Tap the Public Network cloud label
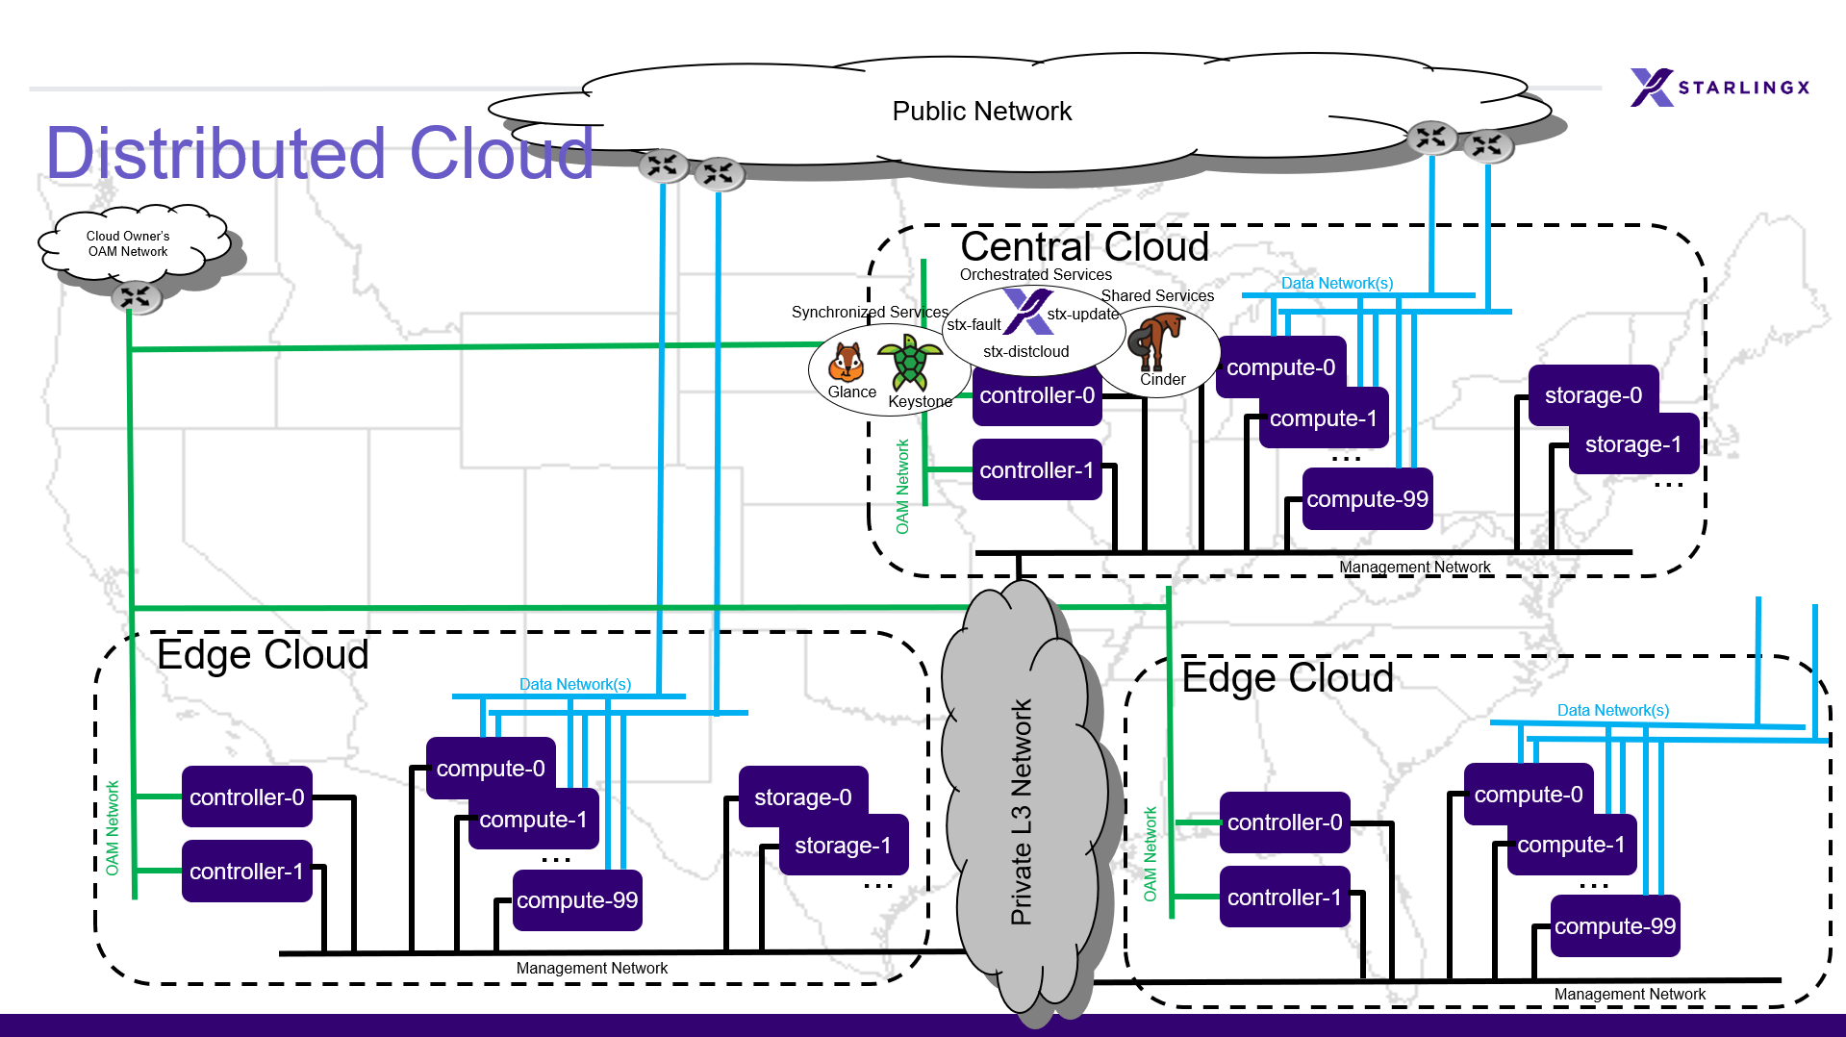pos(981,112)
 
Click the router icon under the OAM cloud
pos(136,296)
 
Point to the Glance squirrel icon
pos(847,364)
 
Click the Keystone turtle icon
pos(909,362)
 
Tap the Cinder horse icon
pos(1158,341)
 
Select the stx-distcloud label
pos(1025,352)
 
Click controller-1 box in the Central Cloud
pos(1037,470)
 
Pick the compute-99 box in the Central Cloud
pos(1367,499)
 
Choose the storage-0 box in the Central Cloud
pos(1593,395)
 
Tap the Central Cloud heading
pos(1084,247)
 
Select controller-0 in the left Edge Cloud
pos(247,797)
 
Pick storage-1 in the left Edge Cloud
pos(843,846)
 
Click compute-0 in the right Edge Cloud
pos(1528,795)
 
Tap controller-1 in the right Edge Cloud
pos(1284,898)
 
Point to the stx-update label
pos(1082,315)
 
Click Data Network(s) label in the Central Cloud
pos(1336,284)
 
